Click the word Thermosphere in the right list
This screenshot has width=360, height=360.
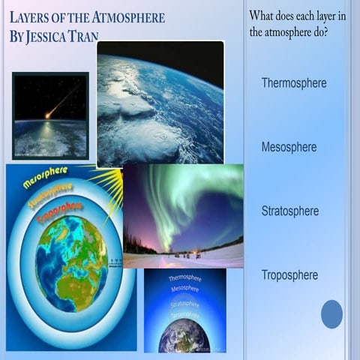pyautogui.click(x=293, y=83)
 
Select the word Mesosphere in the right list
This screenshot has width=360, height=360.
pyautogui.click(x=289, y=147)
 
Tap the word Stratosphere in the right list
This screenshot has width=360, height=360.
pyautogui.click(x=289, y=211)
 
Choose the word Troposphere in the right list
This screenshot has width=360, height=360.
pyautogui.click(x=289, y=275)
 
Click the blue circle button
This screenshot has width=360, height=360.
pyautogui.click(x=331, y=313)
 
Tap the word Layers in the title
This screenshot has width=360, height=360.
pyautogui.click(x=31, y=16)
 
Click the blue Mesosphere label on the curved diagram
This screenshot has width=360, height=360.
pyautogui.click(x=45, y=177)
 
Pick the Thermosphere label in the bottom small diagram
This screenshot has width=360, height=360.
pyautogui.click(x=184, y=278)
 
